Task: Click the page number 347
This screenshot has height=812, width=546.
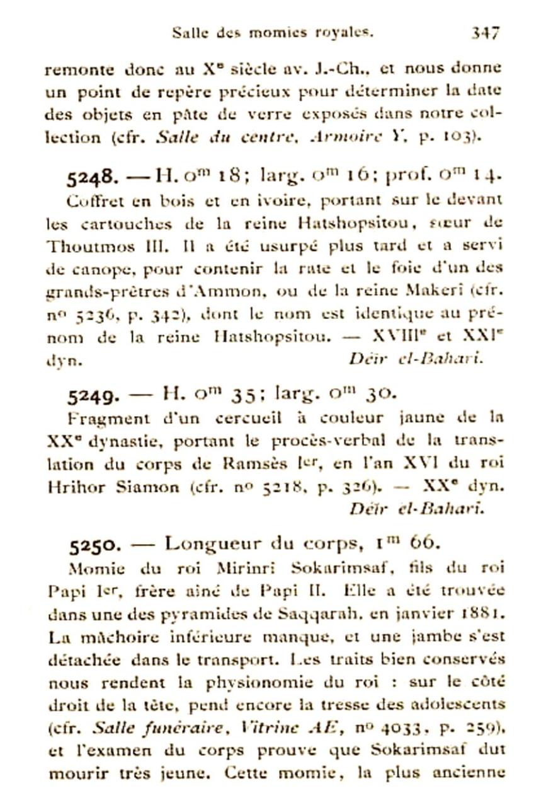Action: point(486,33)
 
